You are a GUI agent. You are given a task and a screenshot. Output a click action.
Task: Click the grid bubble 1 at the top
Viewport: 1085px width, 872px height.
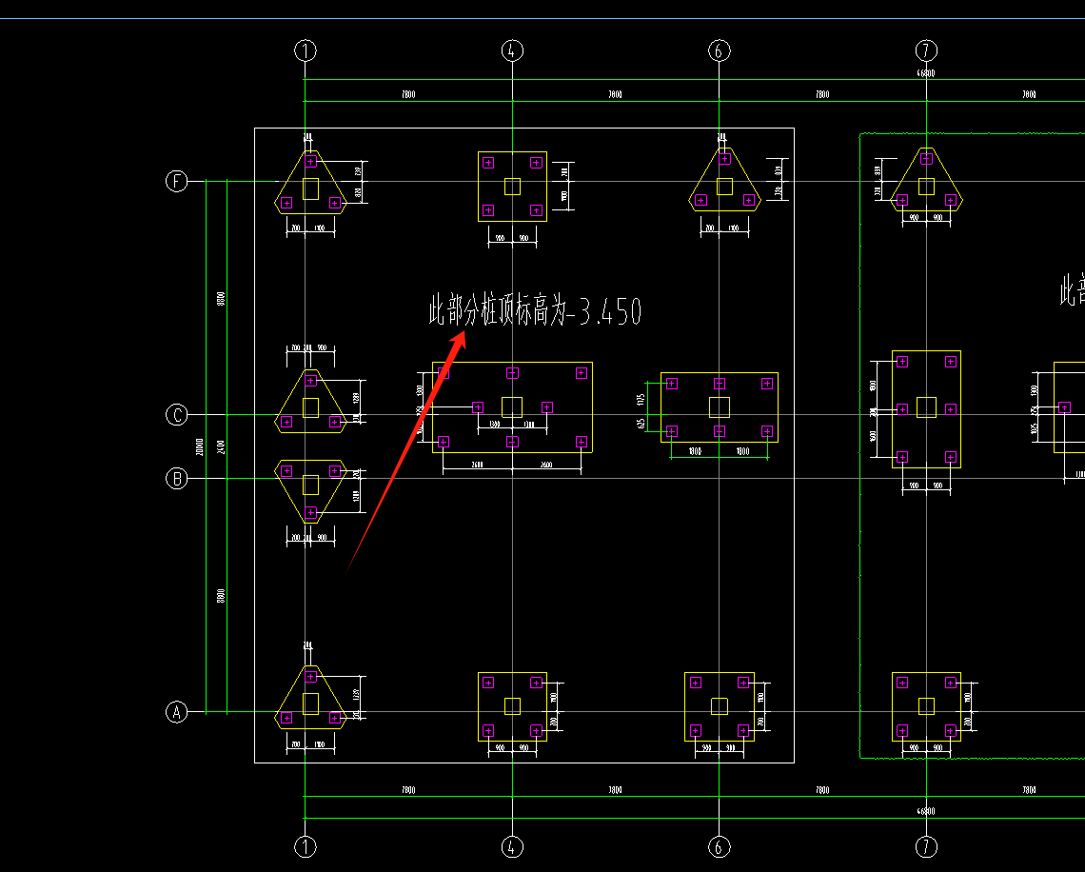click(x=305, y=50)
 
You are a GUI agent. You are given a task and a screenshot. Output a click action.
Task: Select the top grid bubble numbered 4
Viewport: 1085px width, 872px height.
click(x=512, y=50)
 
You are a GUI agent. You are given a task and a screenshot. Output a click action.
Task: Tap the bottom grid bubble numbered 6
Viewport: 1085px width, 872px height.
click(x=720, y=846)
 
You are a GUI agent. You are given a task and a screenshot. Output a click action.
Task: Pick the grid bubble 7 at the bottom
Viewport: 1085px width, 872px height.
click(x=926, y=846)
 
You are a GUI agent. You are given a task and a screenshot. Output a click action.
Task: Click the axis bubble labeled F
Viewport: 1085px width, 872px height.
click(x=177, y=181)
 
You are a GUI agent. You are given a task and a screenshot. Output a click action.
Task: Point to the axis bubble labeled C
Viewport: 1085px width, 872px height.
click(x=177, y=415)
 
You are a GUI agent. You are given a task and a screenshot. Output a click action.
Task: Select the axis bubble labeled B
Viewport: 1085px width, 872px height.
click(x=177, y=478)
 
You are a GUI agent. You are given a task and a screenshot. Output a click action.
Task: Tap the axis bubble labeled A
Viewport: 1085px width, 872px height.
click(x=177, y=711)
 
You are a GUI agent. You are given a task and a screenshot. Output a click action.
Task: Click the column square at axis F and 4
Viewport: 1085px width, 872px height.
click(x=512, y=187)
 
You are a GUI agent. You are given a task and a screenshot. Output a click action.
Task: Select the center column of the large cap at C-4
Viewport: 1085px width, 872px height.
click(x=512, y=407)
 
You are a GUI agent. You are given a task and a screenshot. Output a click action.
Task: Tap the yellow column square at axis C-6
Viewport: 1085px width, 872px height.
click(x=720, y=407)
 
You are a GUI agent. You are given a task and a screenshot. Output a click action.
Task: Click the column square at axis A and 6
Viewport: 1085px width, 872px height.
click(x=720, y=705)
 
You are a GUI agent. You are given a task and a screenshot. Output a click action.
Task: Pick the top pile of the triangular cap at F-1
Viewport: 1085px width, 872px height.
click(x=310, y=162)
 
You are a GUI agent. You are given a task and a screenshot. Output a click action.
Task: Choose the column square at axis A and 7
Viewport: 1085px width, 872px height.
click(x=926, y=705)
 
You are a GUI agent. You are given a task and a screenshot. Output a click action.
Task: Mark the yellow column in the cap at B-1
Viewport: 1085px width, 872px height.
click(x=310, y=485)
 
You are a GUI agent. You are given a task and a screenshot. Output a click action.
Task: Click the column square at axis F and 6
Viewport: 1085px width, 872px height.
click(x=724, y=187)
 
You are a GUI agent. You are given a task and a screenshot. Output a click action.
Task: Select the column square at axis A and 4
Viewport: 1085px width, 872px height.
click(x=512, y=705)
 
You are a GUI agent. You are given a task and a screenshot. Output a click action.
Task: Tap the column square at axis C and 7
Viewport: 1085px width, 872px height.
click(x=926, y=407)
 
